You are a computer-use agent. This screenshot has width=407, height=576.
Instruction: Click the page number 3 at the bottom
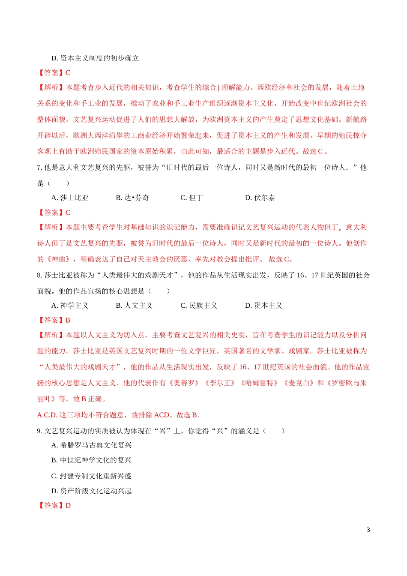pos(368,530)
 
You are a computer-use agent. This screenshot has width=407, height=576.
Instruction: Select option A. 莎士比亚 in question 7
pos(70,198)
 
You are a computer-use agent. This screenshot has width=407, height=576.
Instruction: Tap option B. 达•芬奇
pos(132,198)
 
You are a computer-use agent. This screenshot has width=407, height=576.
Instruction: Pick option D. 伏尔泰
pos(260,198)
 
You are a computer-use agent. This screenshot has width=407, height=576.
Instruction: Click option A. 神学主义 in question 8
pos(70,306)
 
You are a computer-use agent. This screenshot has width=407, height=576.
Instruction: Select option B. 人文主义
pos(134,306)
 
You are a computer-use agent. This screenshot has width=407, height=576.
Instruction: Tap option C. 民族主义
pos(199,306)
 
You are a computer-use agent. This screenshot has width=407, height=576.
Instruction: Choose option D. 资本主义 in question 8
pos(263,306)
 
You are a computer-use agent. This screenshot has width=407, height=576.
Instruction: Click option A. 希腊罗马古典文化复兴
pos(91,445)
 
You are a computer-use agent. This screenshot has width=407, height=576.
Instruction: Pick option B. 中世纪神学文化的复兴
pos(91,460)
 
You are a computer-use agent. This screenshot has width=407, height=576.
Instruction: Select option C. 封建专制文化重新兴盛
pos(91,476)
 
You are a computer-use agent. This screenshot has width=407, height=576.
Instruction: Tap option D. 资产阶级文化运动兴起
pos(91,491)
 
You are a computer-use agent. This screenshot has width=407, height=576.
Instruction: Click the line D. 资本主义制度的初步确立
pos(95,58)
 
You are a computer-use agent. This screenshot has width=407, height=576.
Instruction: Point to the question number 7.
pos(39,168)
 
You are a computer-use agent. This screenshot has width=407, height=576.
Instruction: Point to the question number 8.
pos(39,275)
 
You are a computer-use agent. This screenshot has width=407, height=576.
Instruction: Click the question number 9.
pos(39,431)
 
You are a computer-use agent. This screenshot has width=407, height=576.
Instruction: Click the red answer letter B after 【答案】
pos(68,320)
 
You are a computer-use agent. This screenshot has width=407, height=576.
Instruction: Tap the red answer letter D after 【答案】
pos(68,506)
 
